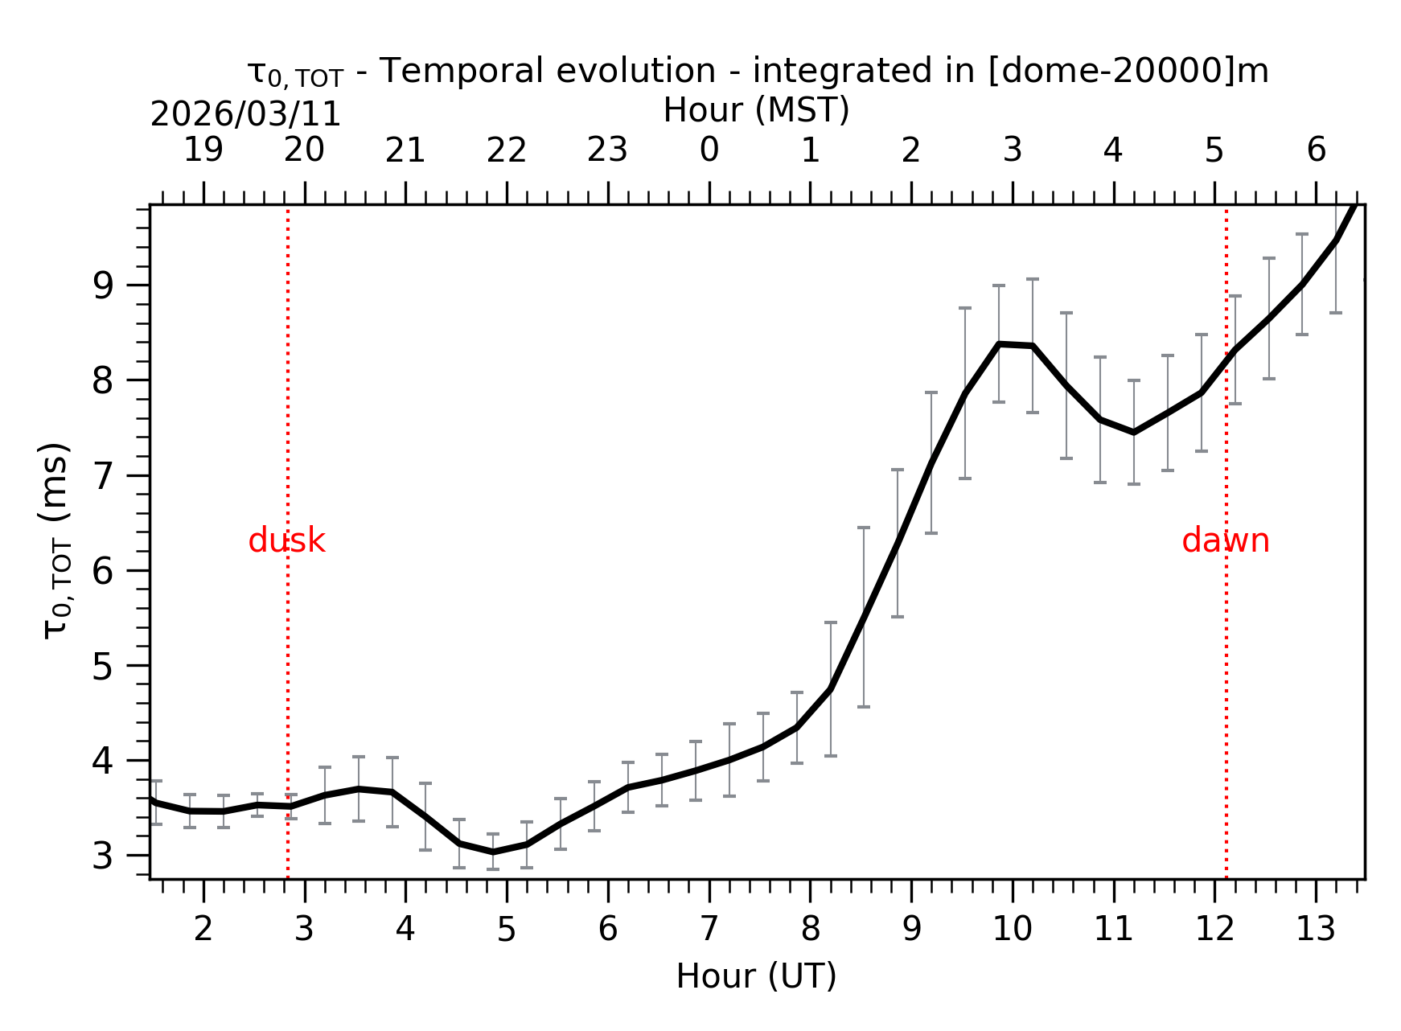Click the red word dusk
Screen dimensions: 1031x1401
coord(286,541)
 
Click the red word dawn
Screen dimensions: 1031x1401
coord(1225,541)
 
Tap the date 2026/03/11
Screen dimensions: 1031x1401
coord(245,115)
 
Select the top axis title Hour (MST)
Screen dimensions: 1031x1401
coord(756,110)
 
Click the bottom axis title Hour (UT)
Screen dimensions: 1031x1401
coord(756,976)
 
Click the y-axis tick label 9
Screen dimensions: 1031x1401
coord(103,285)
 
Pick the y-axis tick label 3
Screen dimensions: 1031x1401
coord(103,856)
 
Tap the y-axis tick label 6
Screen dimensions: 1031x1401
coord(103,571)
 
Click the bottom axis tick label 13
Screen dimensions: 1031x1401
coord(1315,930)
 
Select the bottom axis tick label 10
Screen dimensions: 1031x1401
coord(1012,930)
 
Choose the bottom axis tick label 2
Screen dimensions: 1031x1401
coord(203,930)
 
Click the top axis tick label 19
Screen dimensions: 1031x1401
coord(203,150)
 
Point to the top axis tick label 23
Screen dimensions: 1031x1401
coord(607,150)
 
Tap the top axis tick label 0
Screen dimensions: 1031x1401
coord(709,150)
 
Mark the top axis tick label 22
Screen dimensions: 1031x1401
coord(507,150)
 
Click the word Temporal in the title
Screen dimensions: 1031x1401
coord(462,71)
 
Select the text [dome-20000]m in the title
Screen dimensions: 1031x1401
coord(1128,71)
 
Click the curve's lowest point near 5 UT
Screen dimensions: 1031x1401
coord(493,852)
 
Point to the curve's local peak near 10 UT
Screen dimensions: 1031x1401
coord(999,344)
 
